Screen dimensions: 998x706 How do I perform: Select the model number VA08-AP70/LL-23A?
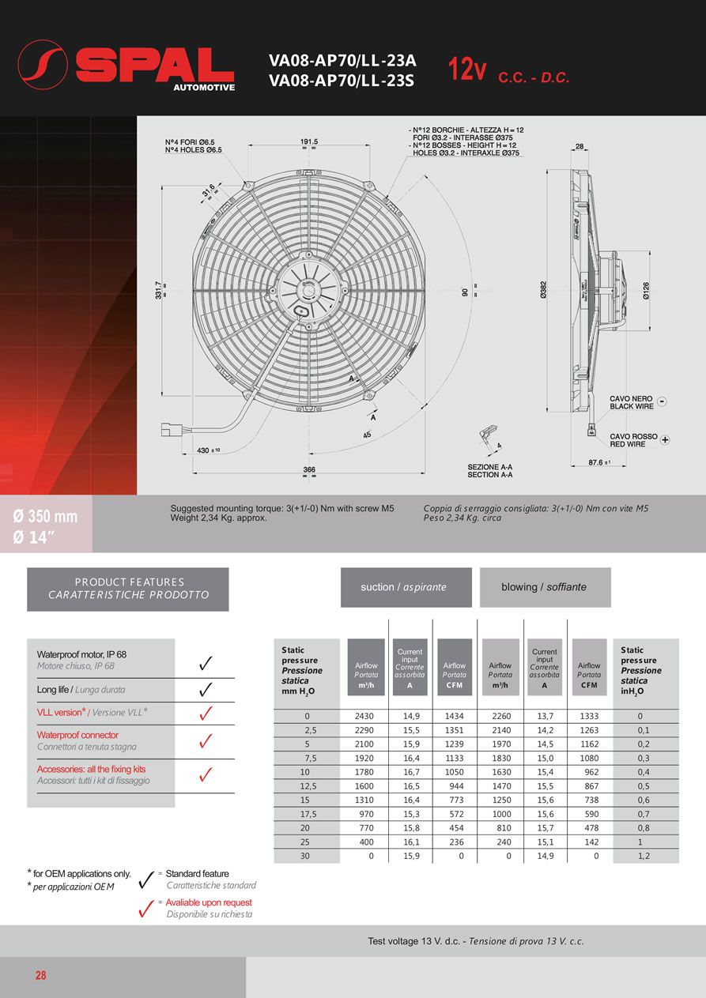(x=342, y=60)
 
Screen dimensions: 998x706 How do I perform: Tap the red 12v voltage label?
(x=467, y=70)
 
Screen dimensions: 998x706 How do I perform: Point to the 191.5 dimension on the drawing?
(x=309, y=141)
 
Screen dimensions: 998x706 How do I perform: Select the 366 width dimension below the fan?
(x=309, y=469)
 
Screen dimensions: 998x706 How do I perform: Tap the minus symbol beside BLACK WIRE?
(x=663, y=401)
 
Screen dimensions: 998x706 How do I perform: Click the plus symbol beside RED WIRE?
(x=665, y=439)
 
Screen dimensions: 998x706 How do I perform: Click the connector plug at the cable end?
(x=172, y=431)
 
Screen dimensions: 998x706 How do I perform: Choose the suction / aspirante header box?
(x=406, y=587)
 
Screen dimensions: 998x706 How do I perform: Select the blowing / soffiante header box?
(x=545, y=587)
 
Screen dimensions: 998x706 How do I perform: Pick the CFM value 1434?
(x=455, y=717)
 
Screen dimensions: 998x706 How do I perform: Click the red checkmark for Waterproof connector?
(x=205, y=741)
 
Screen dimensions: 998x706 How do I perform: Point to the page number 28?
(x=41, y=976)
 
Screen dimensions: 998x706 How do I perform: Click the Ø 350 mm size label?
(x=46, y=517)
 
